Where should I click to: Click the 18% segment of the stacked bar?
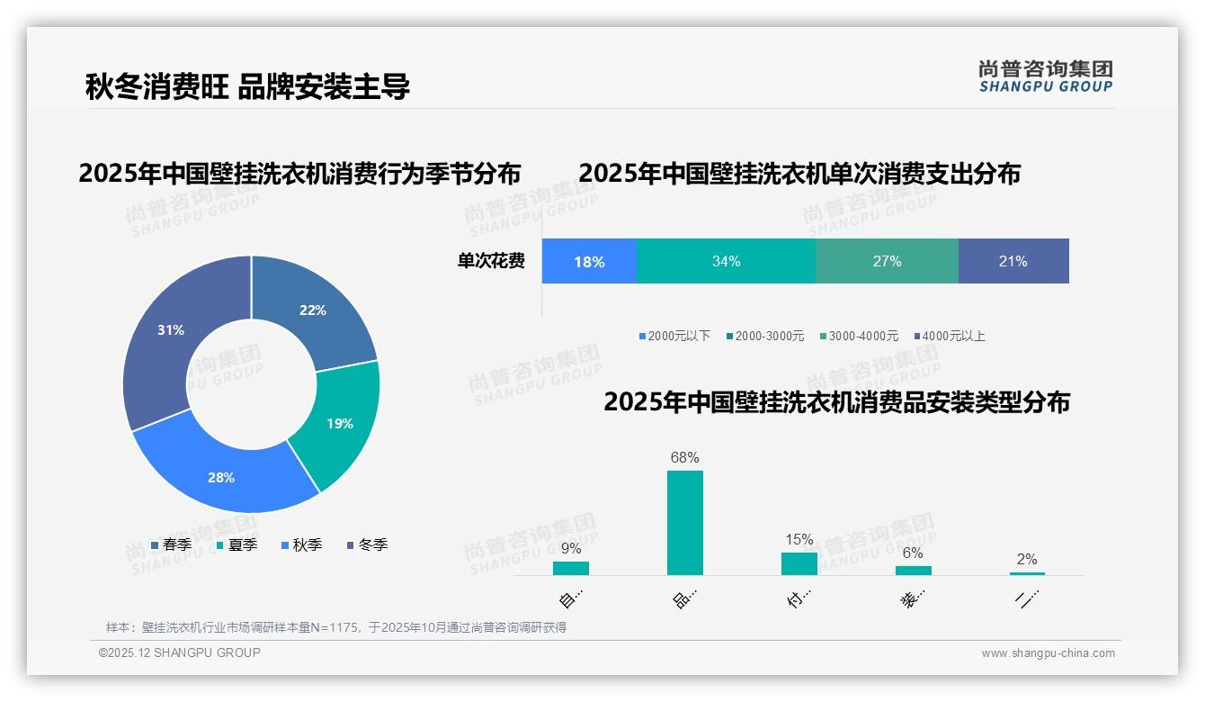[589, 261]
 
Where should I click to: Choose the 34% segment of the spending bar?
[726, 261]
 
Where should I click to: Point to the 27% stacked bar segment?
[887, 261]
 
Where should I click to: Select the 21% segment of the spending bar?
[1013, 261]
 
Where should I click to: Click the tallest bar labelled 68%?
[684, 522]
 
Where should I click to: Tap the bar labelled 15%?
[799, 563]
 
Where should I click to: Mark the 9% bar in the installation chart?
[570, 568]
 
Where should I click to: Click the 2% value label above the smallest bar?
[1026, 559]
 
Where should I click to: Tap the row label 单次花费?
[491, 261]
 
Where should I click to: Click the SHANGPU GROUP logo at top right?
[1045, 76]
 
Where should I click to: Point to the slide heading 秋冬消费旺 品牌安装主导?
[247, 86]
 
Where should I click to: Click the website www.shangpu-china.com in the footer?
[1048, 653]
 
